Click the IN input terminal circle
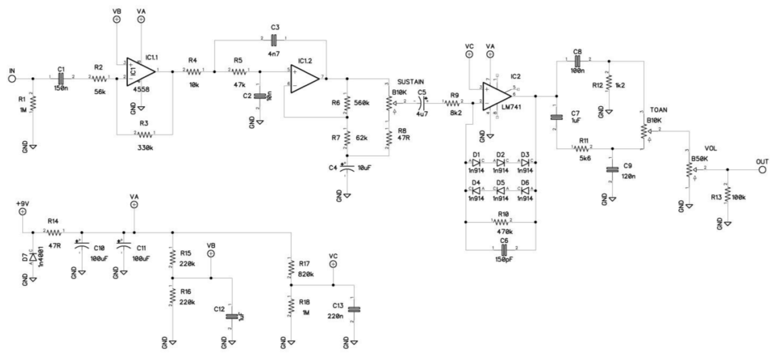tap(11, 78)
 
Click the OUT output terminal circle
tap(762, 169)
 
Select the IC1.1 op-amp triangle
tap(140, 72)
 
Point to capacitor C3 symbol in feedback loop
tap(274, 40)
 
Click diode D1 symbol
tap(475, 163)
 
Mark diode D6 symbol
tap(525, 191)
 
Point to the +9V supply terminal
tap(23, 211)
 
